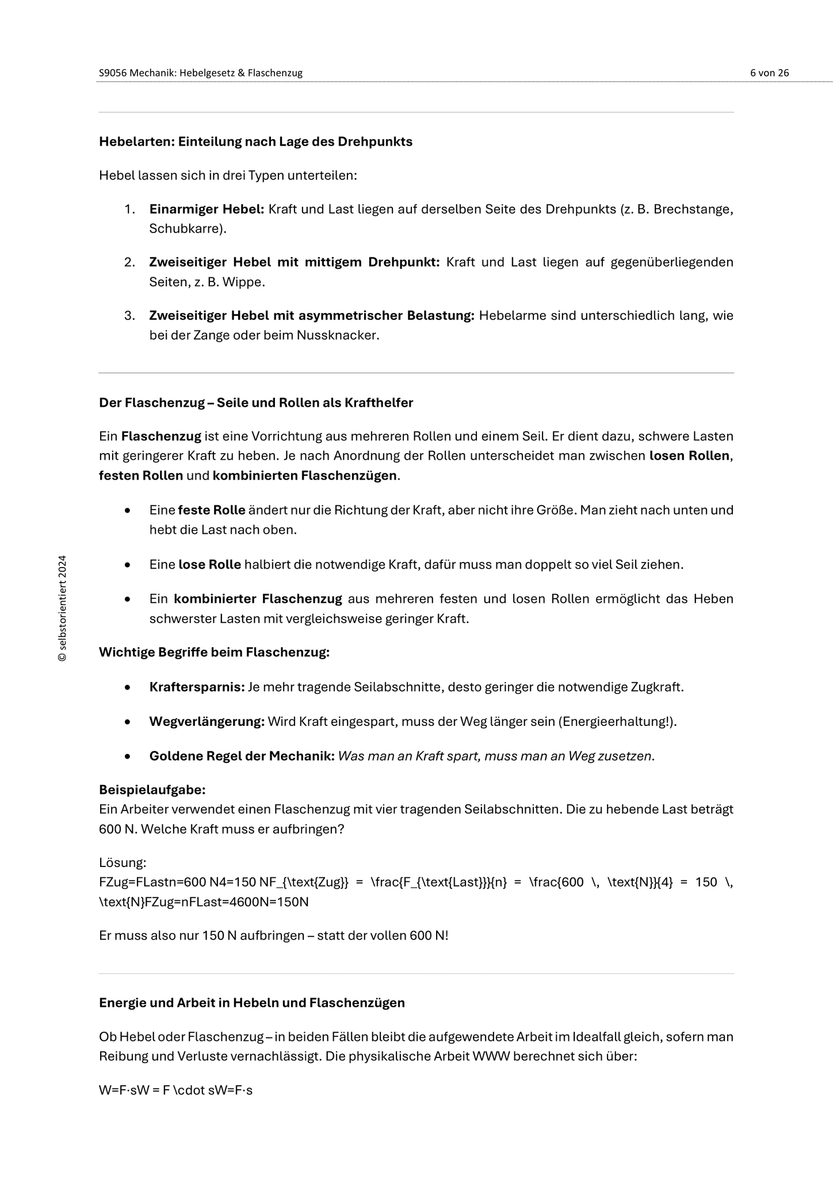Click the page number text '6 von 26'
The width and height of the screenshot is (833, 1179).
click(x=769, y=73)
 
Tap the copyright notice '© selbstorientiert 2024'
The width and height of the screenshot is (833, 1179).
click(x=63, y=608)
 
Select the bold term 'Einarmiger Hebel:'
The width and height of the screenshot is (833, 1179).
click(x=207, y=209)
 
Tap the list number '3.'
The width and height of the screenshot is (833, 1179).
click(x=129, y=315)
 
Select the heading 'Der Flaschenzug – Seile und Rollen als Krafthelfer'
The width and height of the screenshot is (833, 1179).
click(x=256, y=403)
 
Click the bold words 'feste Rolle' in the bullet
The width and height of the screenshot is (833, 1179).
click(x=212, y=510)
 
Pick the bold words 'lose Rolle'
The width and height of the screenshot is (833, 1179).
click(x=209, y=565)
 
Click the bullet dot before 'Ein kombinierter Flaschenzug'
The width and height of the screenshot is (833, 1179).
click(x=127, y=599)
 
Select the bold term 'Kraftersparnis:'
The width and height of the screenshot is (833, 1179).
click(x=197, y=687)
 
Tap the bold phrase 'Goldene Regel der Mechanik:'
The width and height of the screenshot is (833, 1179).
click(x=242, y=756)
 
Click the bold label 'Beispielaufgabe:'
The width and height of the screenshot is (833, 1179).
click(x=152, y=789)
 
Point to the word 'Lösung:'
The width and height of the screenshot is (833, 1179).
click(x=123, y=862)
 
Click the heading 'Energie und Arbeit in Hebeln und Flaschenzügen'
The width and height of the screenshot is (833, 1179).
click(x=252, y=1003)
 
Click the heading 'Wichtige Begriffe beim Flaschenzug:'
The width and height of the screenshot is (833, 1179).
click(x=214, y=652)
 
